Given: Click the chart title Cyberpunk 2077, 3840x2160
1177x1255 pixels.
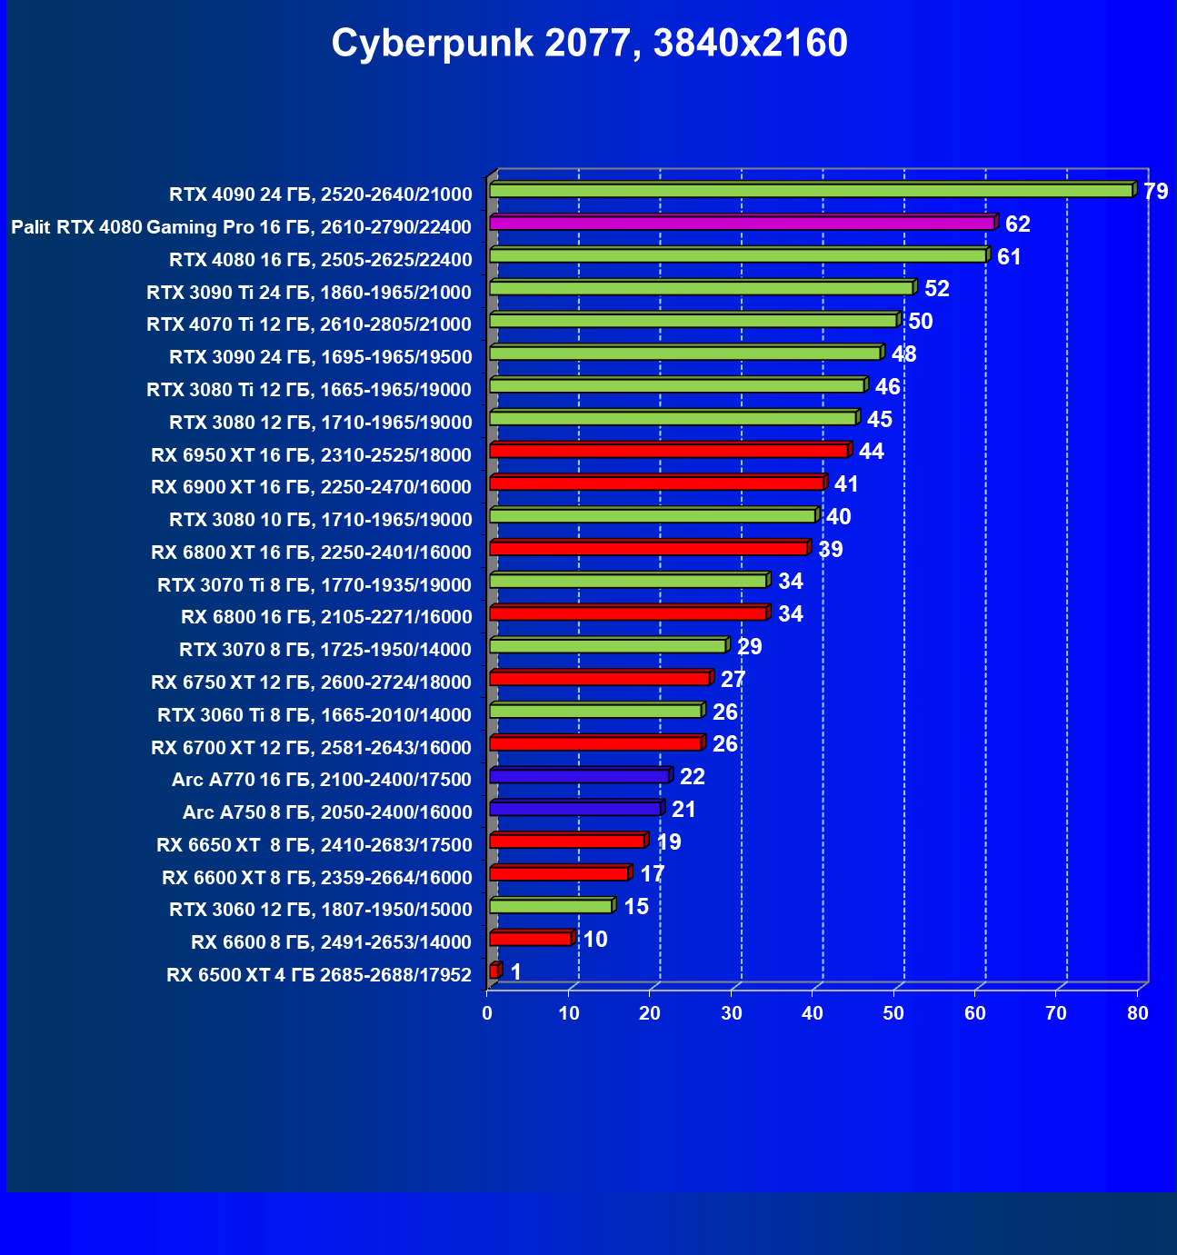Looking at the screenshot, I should click(589, 43).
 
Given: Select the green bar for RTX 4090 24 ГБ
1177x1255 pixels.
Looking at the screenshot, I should click(811, 190).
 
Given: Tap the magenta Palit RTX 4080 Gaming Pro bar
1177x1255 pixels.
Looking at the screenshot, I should click(741, 223).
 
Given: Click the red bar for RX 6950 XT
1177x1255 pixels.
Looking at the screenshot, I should click(669, 450).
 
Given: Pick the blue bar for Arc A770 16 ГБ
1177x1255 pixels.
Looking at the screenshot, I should click(579, 776).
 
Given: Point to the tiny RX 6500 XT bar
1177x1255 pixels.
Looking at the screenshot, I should click(494, 971).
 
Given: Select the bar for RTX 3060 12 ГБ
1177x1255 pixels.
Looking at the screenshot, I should click(551, 906).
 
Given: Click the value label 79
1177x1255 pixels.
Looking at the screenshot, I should click(1155, 192).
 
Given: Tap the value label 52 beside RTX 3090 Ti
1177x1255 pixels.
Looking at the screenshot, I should click(937, 289).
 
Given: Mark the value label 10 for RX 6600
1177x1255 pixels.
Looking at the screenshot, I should click(595, 940).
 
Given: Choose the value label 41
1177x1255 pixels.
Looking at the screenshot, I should click(846, 484).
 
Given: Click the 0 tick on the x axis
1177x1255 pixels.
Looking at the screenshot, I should click(488, 1013).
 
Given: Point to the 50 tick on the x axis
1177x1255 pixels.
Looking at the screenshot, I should click(894, 1013).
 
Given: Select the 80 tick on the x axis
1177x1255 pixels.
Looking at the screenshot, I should click(1138, 1013).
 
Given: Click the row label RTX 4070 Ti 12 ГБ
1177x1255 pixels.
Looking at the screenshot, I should click(309, 324).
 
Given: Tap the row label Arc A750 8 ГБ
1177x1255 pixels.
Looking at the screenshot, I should click(327, 812).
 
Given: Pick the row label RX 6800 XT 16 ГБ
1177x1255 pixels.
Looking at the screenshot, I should click(311, 553).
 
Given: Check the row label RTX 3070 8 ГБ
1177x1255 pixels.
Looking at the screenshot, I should click(325, 650).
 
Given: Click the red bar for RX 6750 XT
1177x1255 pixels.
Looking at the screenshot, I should click(599, 678).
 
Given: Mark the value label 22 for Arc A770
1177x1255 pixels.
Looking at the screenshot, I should click(693, 777).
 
